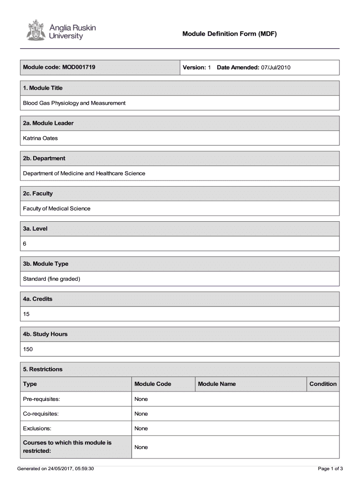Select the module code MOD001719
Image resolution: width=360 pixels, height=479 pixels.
(x=79, y=67)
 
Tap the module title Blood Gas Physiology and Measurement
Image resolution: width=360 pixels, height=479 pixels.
(x=74, y=103)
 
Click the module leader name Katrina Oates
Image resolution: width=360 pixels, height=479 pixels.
(x=41, y=138)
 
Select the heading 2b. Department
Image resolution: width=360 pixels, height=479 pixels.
(x=44, y=158)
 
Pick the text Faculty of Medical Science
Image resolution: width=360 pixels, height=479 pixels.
(x=57, y=209)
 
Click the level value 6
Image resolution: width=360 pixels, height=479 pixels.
(x=25, y=244)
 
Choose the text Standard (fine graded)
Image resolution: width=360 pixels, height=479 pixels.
(x=52, y=279)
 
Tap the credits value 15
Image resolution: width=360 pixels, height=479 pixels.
(x=26, y=314)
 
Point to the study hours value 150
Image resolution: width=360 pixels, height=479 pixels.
(x=28, y=349)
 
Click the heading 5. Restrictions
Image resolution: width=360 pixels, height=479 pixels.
(x=43, y=369)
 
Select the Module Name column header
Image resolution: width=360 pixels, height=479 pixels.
(x=217, y=384)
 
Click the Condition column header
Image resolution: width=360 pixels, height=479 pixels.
(x=323, y=384)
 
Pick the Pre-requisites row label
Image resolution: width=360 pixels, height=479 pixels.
(x=42, y=399)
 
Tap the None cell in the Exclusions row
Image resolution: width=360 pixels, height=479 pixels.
(x=141, y=428)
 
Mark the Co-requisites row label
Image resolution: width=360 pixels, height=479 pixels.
(x=41, y=414)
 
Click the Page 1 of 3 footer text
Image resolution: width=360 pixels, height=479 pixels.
(x=331, y=468)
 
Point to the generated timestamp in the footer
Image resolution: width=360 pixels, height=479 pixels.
(x=56, y=468)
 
